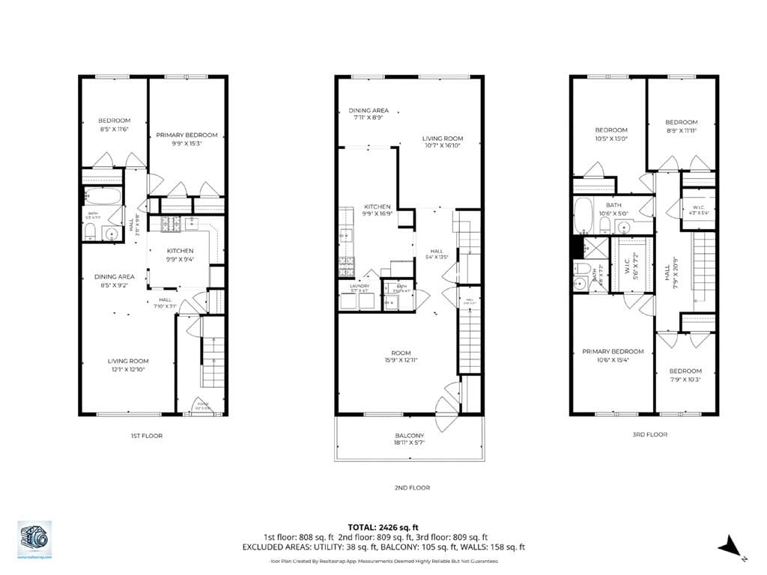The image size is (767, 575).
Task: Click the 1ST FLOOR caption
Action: (x=147, y=436)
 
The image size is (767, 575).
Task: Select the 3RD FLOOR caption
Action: (x=649, y=434)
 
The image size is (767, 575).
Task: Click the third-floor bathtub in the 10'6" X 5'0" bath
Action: (x=583, y=215)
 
